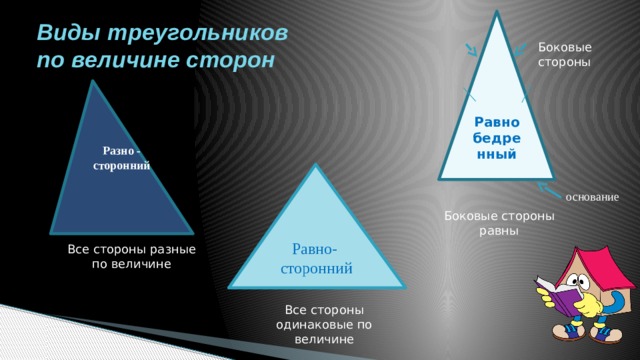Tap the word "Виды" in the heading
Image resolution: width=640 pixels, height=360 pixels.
coord(65,32)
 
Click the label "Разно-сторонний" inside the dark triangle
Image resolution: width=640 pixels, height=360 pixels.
coord(121,158)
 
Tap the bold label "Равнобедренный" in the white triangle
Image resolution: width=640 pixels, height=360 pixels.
coord(497,138)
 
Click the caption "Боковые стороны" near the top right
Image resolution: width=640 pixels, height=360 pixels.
coord(564,54)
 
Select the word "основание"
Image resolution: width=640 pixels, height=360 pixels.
coord(598,196)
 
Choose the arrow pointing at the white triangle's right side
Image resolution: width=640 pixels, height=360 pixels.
coord(518,50)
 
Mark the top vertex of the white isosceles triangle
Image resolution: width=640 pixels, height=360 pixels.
coord(496,13)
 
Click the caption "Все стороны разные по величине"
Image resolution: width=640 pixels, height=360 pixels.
coord(125,257)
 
